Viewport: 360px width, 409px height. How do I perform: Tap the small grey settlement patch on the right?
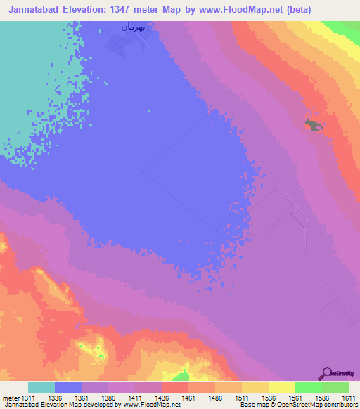point(311,124)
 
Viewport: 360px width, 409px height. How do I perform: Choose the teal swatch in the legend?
point(41,387)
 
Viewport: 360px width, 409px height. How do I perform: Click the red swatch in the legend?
point(174,387)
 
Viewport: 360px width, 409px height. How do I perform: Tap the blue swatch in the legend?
point(67,387)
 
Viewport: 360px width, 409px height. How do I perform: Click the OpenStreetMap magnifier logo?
point(326,372)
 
